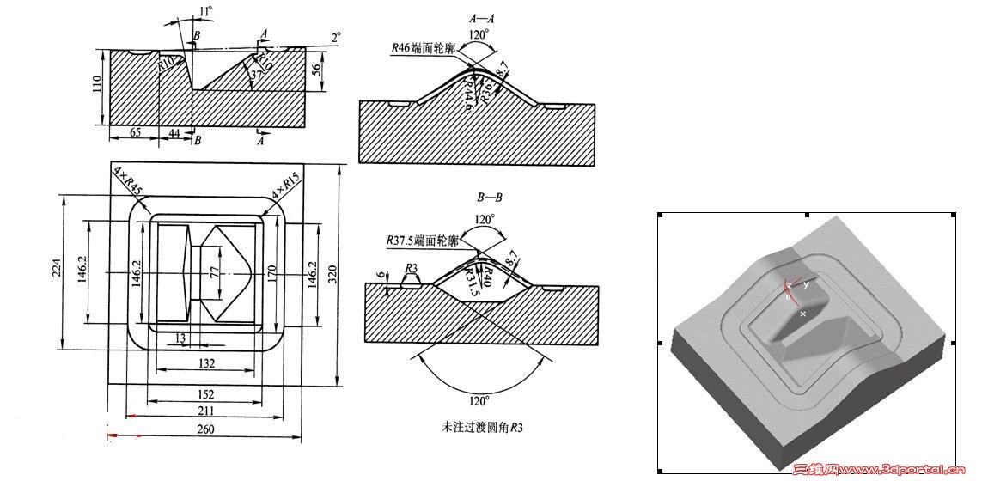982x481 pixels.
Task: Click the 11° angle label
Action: coord(204,10)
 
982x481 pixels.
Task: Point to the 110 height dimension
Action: coord(97,84)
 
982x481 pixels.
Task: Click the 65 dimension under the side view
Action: coord(135,133)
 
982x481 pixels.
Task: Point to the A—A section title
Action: coord(479,17)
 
